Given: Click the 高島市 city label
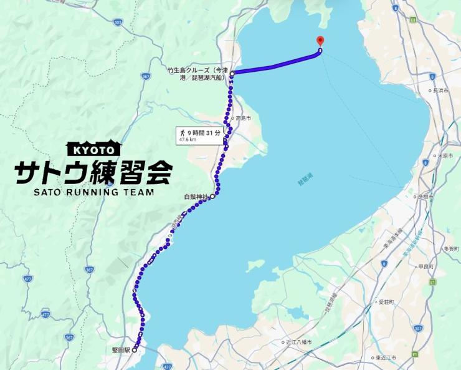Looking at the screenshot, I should tap(242, 118).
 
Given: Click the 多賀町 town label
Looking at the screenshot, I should tap(450, 248).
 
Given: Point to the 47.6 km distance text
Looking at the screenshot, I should tap(188, 140).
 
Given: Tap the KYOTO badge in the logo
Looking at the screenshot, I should tap(93, 149).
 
